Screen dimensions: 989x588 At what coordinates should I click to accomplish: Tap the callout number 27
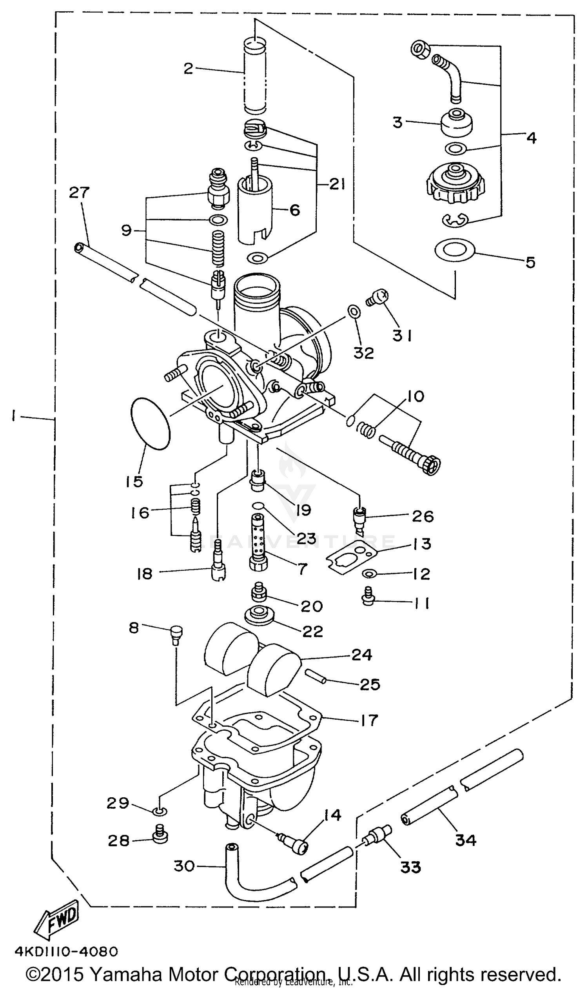click(79, 192)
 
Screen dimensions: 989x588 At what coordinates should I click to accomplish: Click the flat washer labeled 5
click(454, 250)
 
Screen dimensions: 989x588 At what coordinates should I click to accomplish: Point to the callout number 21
click(337, 184)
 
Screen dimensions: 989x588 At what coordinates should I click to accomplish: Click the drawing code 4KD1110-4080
click(66, 951)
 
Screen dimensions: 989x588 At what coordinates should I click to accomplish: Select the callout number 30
click(184, 866)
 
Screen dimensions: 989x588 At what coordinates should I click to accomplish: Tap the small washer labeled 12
click(369, 573)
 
